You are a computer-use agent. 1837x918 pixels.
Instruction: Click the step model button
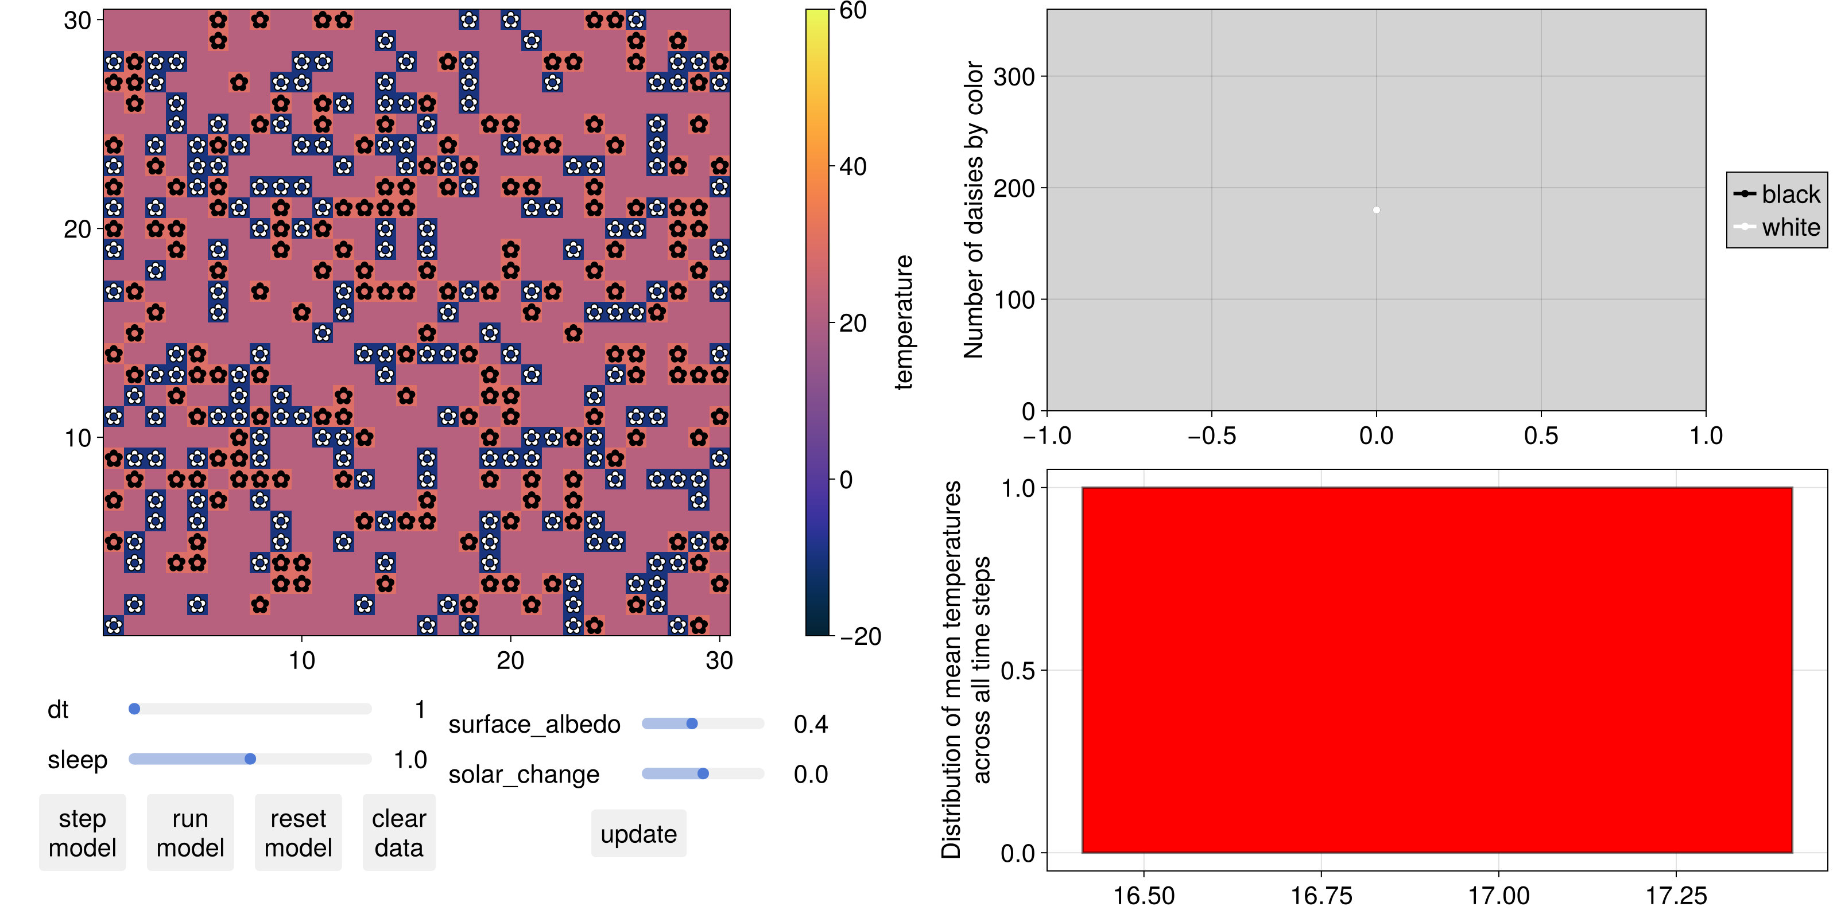point(82,833)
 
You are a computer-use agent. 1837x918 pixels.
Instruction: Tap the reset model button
point(298,833)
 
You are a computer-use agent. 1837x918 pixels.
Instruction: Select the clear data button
point(398,833)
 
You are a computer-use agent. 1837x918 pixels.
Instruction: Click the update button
point(638,834)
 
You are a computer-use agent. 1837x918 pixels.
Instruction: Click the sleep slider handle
point(250,759)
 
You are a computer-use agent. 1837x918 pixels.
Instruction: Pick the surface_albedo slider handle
point(692,723)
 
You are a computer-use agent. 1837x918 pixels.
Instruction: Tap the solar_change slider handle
point(703,774)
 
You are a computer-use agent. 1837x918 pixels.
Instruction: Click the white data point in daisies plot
point(1377,210)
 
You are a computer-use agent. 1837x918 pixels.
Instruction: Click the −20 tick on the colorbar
point(860,636)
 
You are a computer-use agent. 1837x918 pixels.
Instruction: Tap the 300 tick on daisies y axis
point(1014,76)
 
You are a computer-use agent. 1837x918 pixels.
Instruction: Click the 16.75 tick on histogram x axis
point(1321,895)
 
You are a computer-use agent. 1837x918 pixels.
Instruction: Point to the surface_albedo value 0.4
point(811,724)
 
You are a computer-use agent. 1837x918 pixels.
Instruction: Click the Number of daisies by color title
point(974,209)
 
